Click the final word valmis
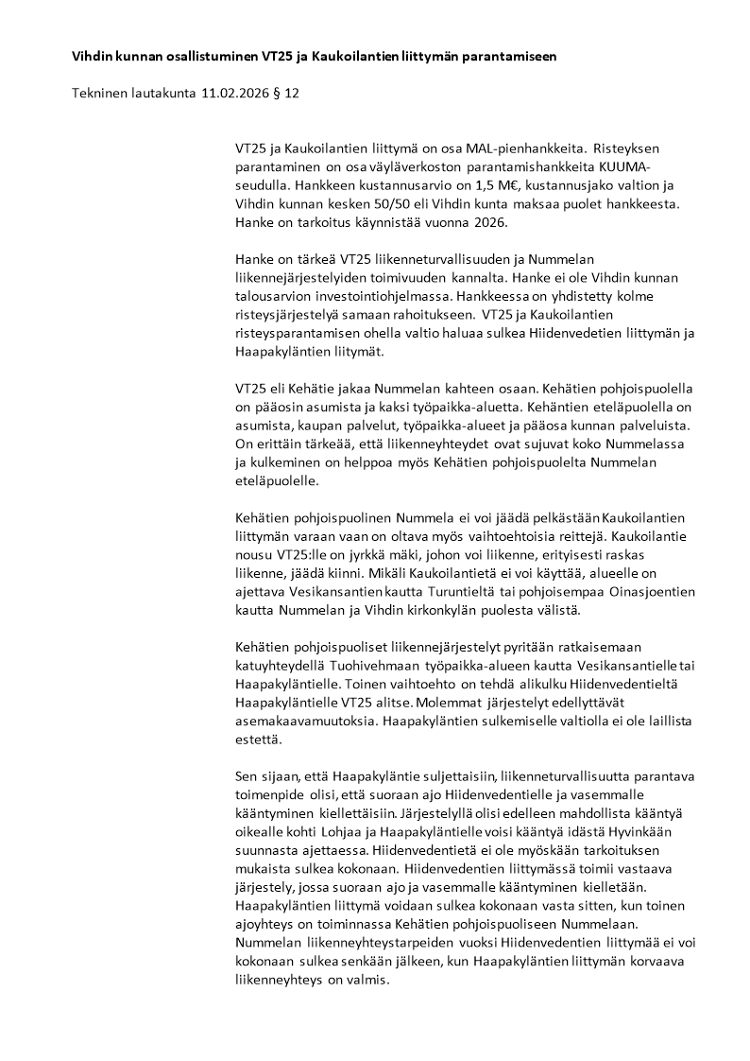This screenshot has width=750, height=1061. click(371, 981)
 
